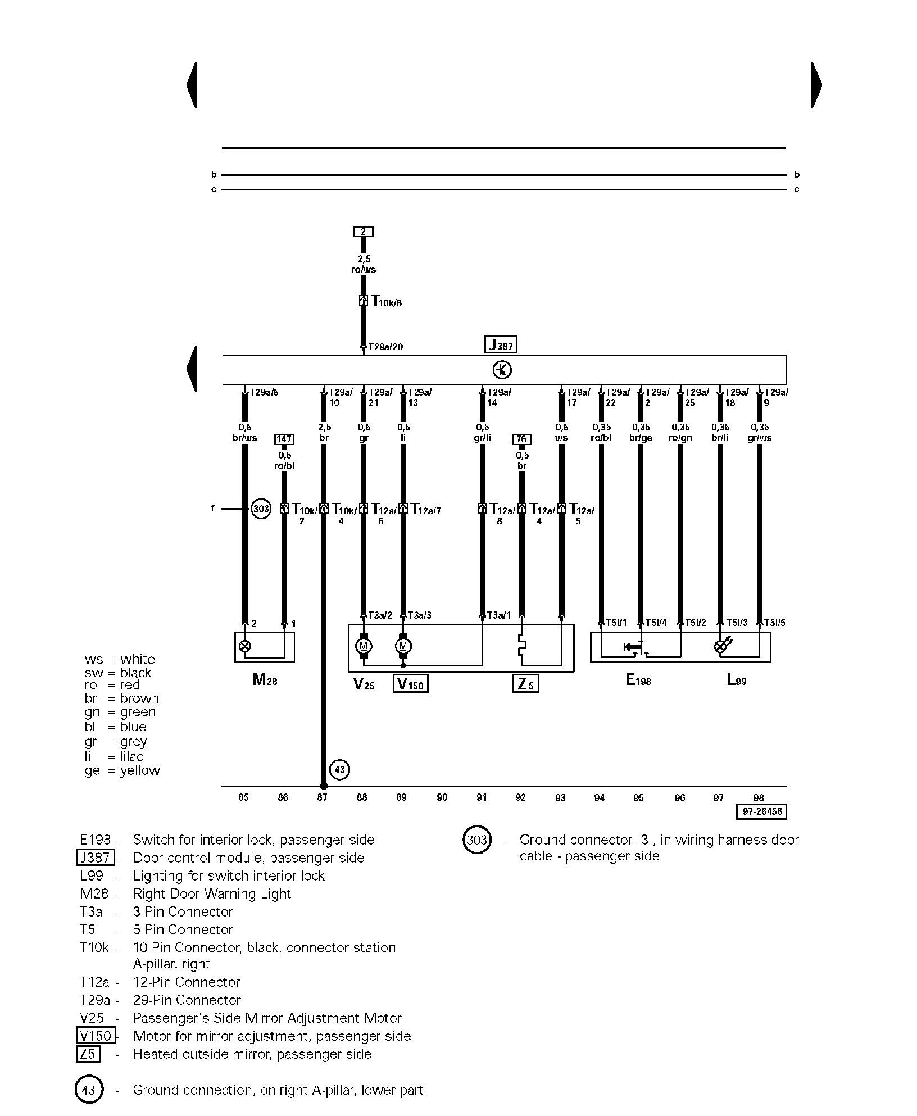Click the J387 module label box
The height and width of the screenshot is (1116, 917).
point(500,344)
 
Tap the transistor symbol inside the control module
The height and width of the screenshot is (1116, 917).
point(502,370)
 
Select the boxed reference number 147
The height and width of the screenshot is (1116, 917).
point(284,439)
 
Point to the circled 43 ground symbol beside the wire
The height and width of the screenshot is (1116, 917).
point(340,769)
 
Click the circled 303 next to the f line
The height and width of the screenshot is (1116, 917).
point(261,509)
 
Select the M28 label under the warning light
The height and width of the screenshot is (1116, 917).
point(265,680)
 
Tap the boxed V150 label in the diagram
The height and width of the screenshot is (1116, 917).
point(410,684)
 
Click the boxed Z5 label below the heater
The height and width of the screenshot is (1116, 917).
point(525,684)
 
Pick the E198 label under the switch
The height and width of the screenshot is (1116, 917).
point(638,680)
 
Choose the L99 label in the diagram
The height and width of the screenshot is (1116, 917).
point(736,680)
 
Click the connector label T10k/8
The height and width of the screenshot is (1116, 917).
point(387,302)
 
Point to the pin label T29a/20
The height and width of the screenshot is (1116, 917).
point(385,347)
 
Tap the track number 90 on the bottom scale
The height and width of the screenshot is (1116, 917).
point(442,797)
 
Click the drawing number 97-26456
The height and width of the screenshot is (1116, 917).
point(761,811)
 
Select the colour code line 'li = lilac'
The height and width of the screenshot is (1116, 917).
point(115,756)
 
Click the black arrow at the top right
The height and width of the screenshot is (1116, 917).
point(816,85)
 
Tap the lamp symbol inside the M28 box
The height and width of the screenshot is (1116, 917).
point(244,646)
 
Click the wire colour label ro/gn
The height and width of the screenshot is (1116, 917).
point(680,438)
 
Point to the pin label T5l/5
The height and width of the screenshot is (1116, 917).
point(774,623)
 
